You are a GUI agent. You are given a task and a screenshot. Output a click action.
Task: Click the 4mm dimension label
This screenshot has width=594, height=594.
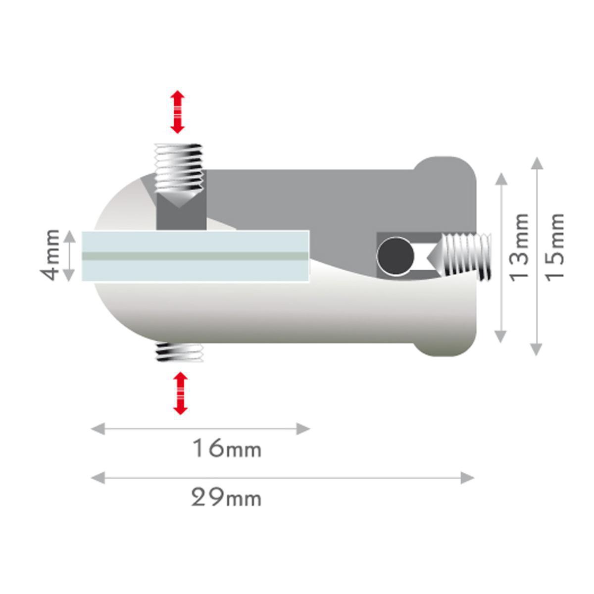coord(51,255)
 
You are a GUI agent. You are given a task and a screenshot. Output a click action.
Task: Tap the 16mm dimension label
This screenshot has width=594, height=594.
coord(226,449)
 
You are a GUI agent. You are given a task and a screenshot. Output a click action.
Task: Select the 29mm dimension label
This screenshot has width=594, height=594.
coord(226,497)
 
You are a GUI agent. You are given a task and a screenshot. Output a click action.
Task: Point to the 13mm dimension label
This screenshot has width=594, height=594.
coord(519,247)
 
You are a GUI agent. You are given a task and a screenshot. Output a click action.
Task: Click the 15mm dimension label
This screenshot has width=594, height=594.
coord(555,246)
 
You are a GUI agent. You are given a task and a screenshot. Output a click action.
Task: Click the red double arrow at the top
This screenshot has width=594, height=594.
coord(177,112)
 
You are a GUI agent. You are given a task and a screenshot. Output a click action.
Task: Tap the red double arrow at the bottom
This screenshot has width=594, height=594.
coord(180,393)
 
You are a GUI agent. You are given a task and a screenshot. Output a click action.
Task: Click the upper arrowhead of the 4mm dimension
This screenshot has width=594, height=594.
coord(70,236)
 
